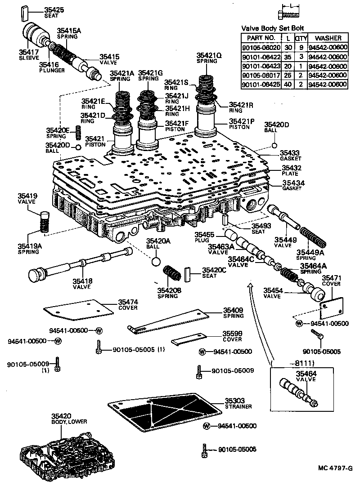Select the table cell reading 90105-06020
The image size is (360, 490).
point(261,47)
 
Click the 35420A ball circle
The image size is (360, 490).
point(156,262)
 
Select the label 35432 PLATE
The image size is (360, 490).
point(291,170)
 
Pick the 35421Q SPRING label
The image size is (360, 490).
point(209,58)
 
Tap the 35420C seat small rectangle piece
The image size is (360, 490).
point(189,273)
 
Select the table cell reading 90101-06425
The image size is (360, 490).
point(261,85)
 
